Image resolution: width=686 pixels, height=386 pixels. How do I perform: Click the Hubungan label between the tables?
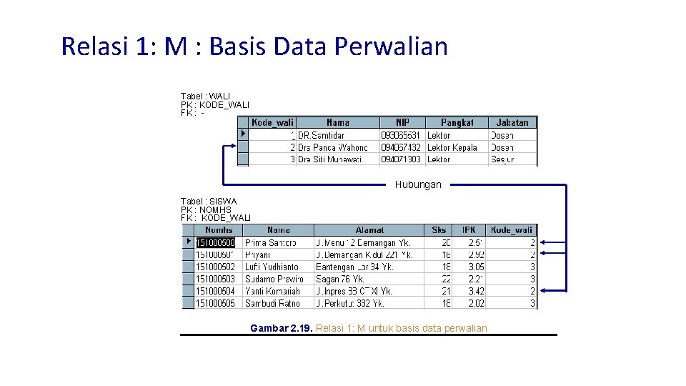tap(418, 184)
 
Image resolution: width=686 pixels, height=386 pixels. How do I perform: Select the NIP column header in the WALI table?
tap(402, 123)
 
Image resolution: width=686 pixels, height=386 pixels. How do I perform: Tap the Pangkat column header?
tap(457, 123)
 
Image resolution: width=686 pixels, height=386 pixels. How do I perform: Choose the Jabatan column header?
tap(512, 123)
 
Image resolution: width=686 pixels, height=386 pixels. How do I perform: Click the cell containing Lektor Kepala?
tap(452, 147)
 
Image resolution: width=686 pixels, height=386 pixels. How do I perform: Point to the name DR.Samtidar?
tap(322, 135)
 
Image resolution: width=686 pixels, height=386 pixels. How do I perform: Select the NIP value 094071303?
tap(401, 159)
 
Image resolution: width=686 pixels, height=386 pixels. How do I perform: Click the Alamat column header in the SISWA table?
tap(369, 230)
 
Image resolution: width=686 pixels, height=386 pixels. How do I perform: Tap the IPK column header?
tap(469, 230)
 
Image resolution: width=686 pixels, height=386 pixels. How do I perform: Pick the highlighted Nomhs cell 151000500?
tap(216, 243)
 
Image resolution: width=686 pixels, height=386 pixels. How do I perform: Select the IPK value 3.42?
tap(476, 292)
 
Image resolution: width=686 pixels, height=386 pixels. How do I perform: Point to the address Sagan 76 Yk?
tap(340, 279)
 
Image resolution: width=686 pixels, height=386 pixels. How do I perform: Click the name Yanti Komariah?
tap(272, 292)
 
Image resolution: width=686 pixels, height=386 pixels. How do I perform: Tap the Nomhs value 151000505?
tap(216, 304)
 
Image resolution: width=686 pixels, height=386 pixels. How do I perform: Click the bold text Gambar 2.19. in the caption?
tap(282, 328)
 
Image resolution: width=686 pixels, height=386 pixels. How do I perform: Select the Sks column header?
tap(439, 230)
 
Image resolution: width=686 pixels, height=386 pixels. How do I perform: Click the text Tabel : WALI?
tap(205, 96)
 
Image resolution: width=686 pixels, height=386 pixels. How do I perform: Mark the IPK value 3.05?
tap(476, 267)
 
